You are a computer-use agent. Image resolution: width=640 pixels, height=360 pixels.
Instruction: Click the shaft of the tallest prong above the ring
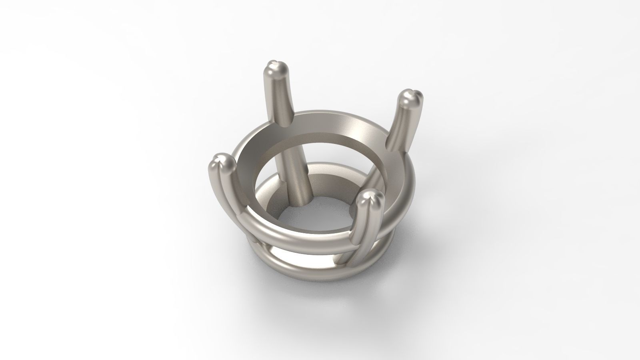[x=280, y=100]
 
